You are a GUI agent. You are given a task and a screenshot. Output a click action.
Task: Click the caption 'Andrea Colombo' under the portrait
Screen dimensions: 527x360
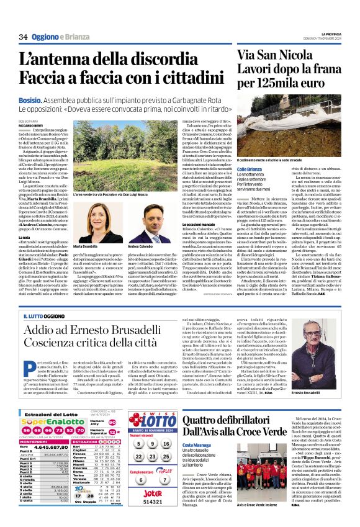[142, 247]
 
